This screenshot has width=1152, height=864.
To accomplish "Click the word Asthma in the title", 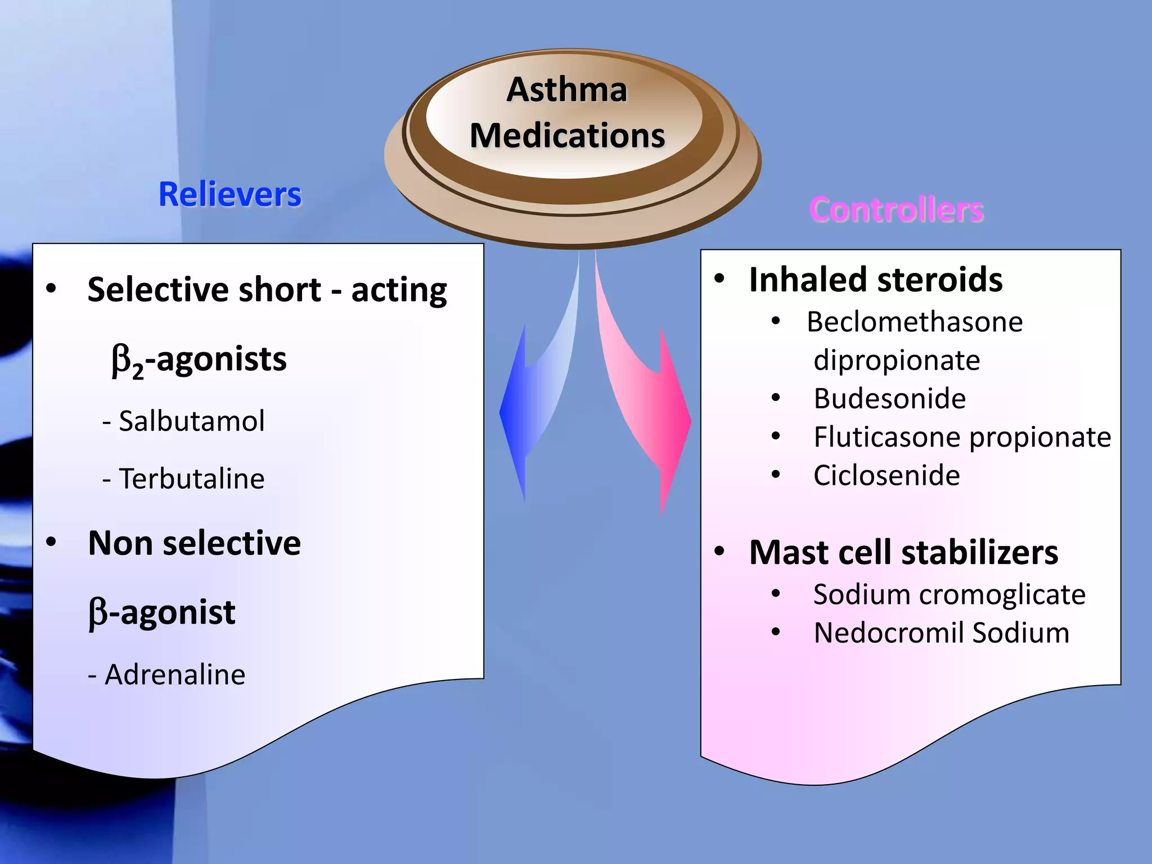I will pos(566,90).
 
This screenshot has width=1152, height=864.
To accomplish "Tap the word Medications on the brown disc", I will pos(567,136).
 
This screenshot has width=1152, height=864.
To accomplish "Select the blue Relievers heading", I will pos(229,195).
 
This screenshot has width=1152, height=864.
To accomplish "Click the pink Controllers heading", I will pos(896,210).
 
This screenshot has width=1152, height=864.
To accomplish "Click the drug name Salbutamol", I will pos(191,421).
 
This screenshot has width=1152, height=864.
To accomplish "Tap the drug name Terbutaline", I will pos(191,479).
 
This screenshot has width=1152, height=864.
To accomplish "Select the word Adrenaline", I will pos(175,674).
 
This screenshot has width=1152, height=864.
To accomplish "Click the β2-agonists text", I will pos(199,360).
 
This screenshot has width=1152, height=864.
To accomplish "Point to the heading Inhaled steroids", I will pos(875,280).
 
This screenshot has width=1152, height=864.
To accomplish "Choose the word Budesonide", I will pos(889,399).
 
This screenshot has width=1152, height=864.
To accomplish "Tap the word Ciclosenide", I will pos(886,476).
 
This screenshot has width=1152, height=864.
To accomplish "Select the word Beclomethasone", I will pos(915,322).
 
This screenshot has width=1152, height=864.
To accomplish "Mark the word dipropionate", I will pos(897,361).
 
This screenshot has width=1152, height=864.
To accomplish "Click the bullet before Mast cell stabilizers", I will pos(719,552).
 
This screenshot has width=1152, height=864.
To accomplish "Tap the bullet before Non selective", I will pos(51,542).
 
